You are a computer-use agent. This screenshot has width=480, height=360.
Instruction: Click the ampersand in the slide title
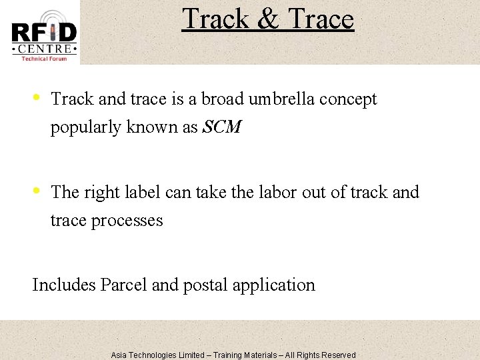267,19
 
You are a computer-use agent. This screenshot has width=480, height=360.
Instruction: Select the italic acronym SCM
221,127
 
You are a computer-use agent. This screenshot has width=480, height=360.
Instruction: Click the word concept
348,100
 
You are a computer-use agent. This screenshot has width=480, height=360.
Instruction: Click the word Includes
64,285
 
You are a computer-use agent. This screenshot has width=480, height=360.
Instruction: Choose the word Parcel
124,285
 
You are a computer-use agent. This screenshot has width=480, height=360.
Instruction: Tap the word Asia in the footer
119,355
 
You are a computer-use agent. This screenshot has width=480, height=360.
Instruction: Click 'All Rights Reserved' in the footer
321,355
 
